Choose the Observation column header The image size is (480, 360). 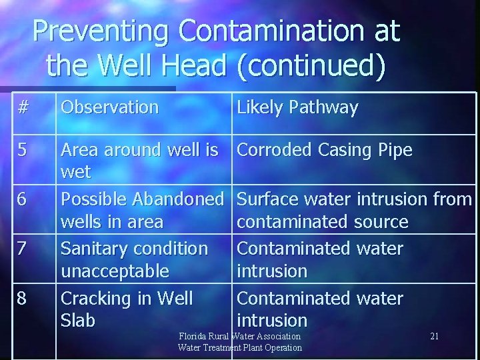(110, 107)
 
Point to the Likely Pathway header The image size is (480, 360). (297, 107)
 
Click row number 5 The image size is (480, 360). (23, 150)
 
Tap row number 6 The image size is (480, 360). (23, 199)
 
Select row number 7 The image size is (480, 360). (23, 249)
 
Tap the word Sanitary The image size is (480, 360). (97, 249)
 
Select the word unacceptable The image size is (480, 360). (115, 271)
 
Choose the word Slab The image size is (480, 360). (78, 321)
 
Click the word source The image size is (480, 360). (375, 222)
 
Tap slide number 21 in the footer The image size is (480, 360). (434, 336)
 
